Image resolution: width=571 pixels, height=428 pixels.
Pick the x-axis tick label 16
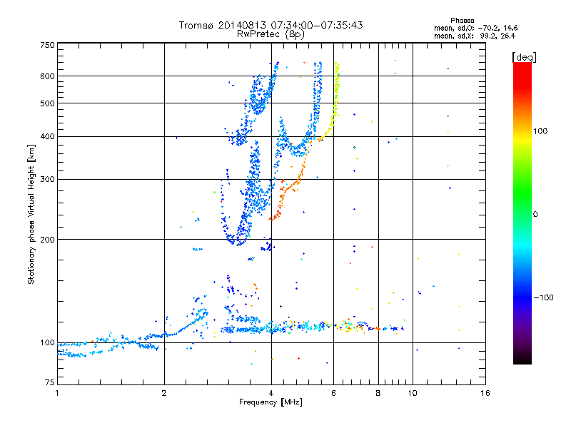(485, 393)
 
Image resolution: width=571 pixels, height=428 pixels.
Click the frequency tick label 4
(271, 393)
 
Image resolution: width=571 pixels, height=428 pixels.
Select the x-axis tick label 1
(57, 393)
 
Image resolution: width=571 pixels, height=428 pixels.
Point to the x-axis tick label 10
(412, 393)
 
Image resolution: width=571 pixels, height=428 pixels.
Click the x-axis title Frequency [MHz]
(271, 403)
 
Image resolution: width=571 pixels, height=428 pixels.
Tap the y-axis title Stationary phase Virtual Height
(31, 214)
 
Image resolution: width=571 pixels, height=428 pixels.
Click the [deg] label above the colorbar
(524, 56)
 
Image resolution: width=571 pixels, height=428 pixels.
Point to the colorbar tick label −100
(546, 297)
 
